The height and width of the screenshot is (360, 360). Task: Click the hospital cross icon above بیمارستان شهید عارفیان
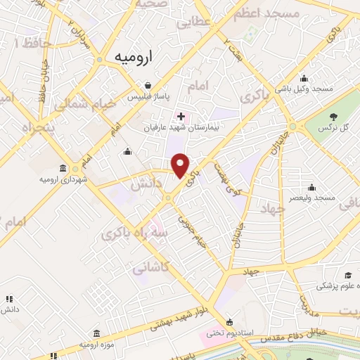[x=181, y=115]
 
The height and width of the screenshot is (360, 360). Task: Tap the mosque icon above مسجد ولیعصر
[x=311, y=188]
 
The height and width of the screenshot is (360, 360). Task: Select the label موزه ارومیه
[x=97, y=346]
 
